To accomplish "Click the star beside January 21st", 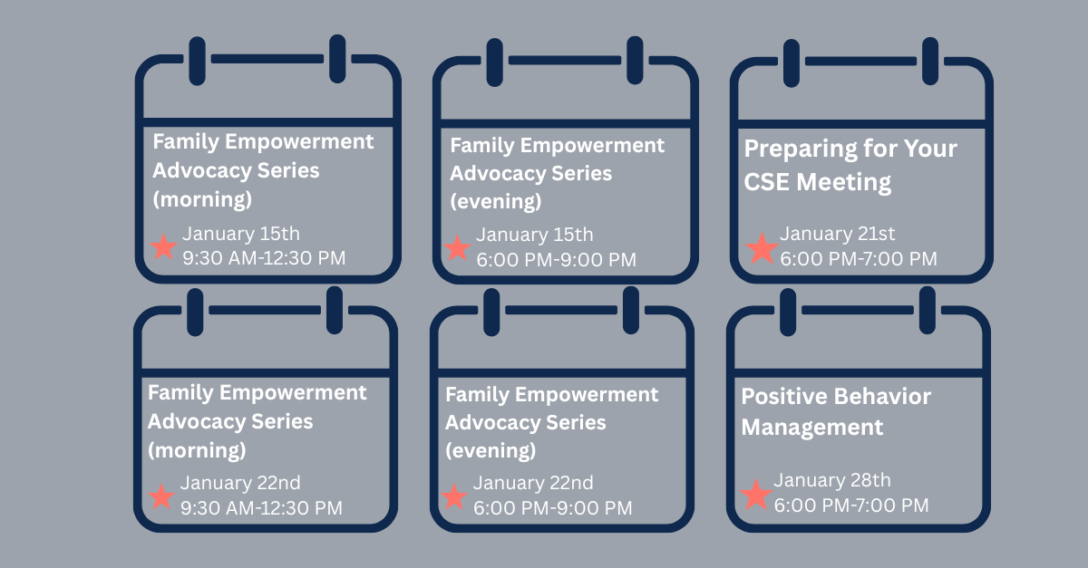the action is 762,248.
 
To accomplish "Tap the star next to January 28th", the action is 756,495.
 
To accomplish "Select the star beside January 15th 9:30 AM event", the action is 164,246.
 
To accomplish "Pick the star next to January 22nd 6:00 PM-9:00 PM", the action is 454,496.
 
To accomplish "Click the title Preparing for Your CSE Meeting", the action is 850,166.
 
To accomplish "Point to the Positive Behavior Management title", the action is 836,411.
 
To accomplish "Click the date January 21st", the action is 838,234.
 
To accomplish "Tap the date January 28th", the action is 832,480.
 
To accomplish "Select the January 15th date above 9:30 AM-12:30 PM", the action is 241,234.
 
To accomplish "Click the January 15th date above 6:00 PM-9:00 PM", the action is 534,235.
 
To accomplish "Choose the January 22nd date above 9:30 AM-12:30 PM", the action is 240,483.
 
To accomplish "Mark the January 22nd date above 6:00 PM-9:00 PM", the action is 533,483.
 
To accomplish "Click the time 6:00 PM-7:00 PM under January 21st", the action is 859,259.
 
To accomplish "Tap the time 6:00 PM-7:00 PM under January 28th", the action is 851,505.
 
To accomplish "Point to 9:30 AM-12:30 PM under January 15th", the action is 264,258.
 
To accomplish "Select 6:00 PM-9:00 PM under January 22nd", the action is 553,508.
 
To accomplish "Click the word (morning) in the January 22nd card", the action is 197,450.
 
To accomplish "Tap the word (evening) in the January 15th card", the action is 495,201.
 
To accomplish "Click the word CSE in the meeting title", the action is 766,182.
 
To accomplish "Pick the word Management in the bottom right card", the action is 812,428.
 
